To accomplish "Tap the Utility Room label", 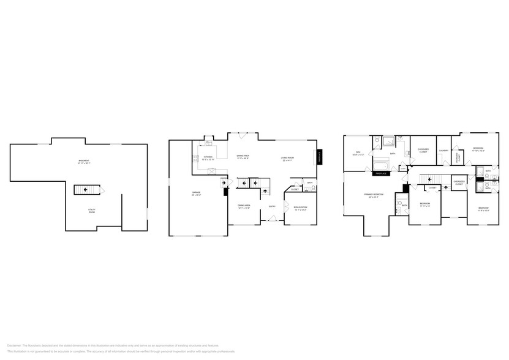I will (x=91, y=211).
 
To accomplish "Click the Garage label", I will (x=196, y=193).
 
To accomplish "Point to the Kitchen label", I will (x=208, y=157).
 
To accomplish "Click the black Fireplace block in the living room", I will (x=319, y=157).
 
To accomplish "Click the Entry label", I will (x=272, y=206).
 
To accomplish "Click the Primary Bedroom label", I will (x=374, y=195).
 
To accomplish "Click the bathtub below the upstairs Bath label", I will (x=380, y=164).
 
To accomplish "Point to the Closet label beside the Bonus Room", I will (x=294, y=189).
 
